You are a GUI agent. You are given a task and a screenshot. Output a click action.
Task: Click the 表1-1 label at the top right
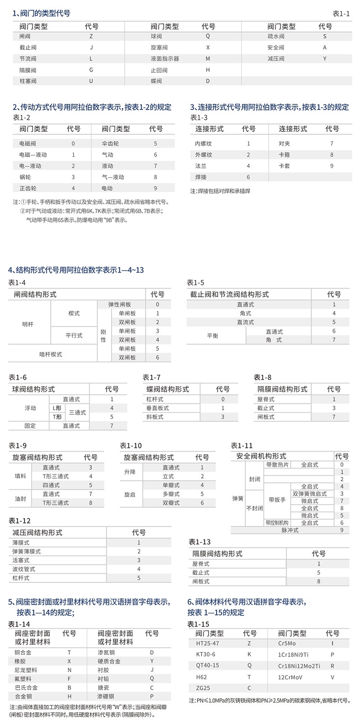pos(341,14)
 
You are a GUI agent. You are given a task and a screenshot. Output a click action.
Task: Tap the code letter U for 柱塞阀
pos(91,81)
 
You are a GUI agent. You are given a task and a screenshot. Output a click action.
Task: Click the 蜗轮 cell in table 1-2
pos(25,177)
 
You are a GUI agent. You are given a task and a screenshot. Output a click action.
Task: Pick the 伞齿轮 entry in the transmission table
pos(110,144)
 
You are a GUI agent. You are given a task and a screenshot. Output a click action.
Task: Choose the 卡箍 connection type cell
pos(284,155)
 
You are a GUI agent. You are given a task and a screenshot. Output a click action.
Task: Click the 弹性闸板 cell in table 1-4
pos(120,305)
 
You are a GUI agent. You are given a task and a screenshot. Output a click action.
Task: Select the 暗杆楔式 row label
pos(50,354)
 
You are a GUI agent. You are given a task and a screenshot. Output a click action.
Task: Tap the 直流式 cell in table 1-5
pos(245,322)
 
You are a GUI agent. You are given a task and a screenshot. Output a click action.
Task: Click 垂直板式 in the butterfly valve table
pos(157,408)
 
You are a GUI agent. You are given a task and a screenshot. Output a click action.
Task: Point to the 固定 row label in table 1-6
pos(30,426)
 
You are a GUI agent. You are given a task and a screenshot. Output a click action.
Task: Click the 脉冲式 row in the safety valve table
pos(290,530)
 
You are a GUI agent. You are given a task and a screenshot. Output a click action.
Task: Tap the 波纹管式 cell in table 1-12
pos(27,569)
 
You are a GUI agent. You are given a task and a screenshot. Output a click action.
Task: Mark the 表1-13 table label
pos(199,542)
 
